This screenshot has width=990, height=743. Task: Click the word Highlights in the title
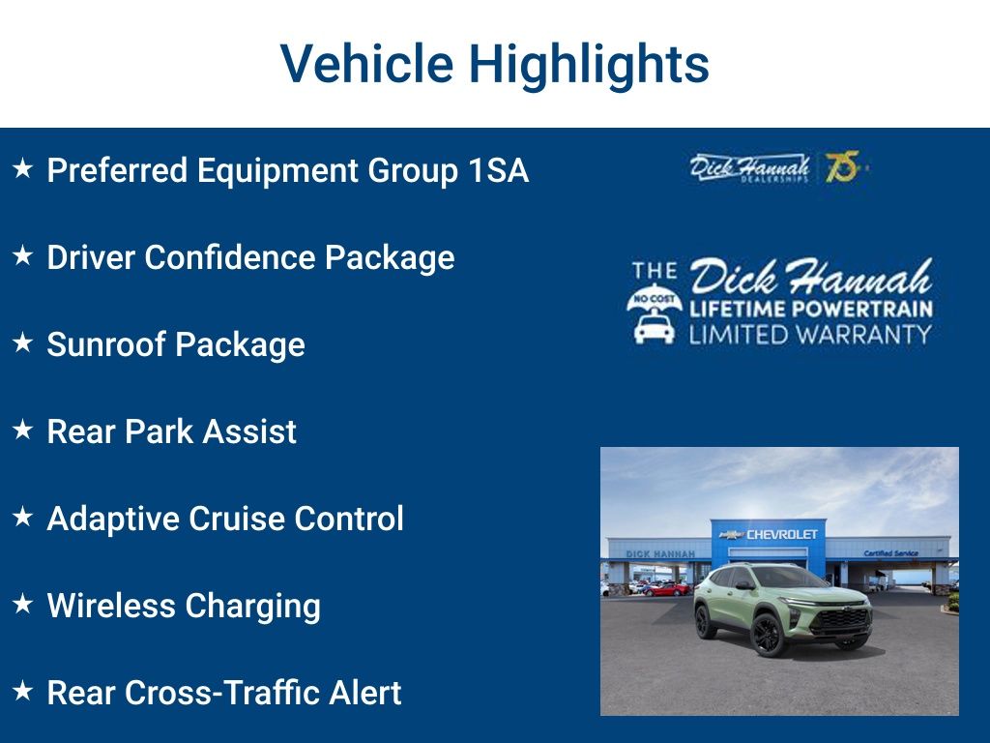pos(589,65)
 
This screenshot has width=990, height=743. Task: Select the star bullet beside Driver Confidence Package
pos(23,256)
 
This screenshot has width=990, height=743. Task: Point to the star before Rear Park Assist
pos(23,431)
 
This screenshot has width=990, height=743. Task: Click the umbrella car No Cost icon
pos(655,315)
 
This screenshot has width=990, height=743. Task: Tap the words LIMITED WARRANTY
pos(810,335)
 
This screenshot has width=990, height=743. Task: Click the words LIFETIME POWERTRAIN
pos(810,310)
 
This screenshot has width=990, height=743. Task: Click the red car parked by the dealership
pos(668,588)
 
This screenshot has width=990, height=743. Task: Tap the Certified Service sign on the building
pos(890,553)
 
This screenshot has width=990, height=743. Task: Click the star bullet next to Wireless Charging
pos(23,605)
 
